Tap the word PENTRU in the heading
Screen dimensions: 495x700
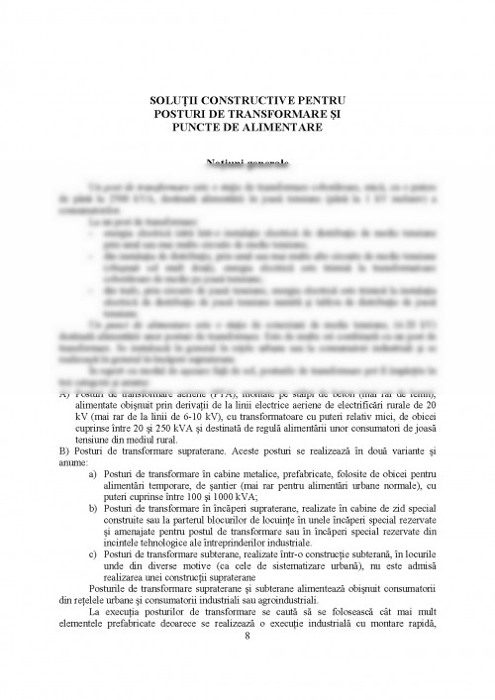tap(328, 101)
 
